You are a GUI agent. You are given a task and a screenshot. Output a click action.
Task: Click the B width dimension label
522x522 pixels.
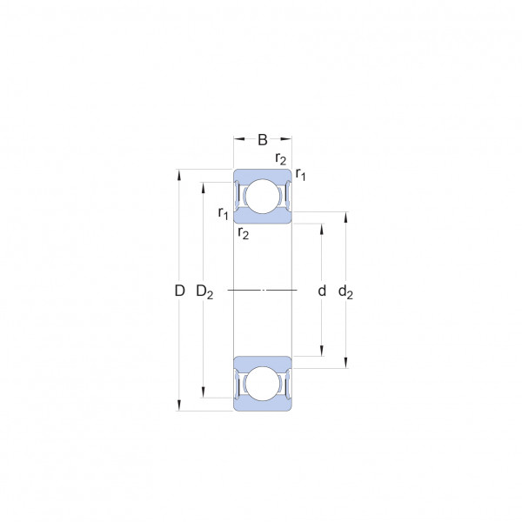point(263,140)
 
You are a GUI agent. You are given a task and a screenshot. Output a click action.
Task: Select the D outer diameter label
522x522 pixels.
point(179,291)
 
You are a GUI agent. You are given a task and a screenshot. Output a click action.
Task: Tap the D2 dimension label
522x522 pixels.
point(204,292)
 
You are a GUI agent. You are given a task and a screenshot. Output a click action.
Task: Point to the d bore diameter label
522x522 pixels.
point(322,291)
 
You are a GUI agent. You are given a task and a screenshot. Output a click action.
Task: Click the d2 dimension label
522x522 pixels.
point(345,292)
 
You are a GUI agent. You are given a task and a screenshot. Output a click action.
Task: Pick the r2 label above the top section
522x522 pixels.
point(281,159)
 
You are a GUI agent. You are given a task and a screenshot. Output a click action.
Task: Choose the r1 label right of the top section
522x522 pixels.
point(300,174)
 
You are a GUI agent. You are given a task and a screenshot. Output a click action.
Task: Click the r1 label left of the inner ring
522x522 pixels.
point(223,213)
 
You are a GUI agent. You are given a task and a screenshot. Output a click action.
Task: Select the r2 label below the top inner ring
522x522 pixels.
point(244,233)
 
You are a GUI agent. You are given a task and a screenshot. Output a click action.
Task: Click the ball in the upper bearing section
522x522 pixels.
point(263,197)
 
